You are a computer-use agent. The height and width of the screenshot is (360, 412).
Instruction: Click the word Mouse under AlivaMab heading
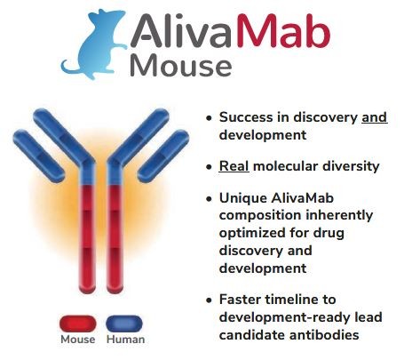tap(181, 66)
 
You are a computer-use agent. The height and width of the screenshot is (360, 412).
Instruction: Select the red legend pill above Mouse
tap(77, 324)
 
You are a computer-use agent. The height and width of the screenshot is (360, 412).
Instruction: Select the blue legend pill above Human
tap(123, 324)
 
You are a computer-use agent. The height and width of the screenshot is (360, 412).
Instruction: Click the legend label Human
tap(124, 340)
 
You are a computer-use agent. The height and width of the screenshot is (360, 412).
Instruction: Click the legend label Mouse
tap(77, 340)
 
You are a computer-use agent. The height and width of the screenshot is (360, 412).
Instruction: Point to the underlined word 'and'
tap(374, 116)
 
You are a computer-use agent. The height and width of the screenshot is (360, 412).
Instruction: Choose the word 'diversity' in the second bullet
tap(351, 166)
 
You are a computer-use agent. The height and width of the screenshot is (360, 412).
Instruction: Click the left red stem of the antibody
tap(88, 240)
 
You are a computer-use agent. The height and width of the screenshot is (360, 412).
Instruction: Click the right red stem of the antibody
tap(116, 240)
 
